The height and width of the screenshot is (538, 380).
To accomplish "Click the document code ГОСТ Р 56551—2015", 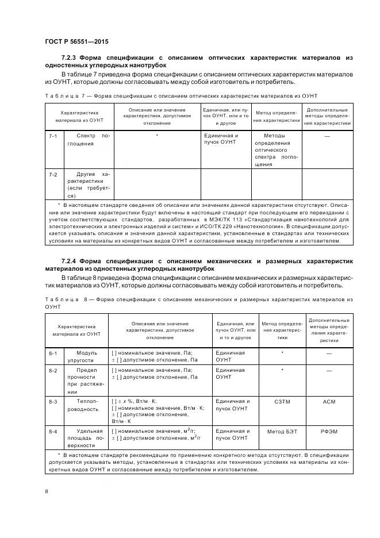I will click(76, 41).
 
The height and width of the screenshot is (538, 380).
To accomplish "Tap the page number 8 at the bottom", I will click(46, 491).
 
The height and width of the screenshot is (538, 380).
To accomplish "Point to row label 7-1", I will click(52, 136).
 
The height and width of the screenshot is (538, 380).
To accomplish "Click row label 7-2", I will click(52, 174).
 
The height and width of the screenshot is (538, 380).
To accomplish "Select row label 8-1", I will click(53, 353).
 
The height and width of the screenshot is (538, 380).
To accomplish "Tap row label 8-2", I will click(53, 371).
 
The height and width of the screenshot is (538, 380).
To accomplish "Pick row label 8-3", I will click(53, 401).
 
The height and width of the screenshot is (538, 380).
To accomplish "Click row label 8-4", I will click(53, 431).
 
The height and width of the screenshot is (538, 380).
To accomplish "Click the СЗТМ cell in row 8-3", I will click(282, 401).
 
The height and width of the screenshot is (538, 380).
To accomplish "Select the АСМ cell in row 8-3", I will click(329, 401).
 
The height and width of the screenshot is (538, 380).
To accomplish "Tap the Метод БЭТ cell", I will click(282, 431).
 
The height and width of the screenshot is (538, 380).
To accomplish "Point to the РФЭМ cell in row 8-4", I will click(329, 431).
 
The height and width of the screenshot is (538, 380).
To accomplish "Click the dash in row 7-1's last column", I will click(327, 136).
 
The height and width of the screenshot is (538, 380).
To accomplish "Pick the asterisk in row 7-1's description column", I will click(156, 136).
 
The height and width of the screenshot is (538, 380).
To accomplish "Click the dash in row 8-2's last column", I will click(329, 371).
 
